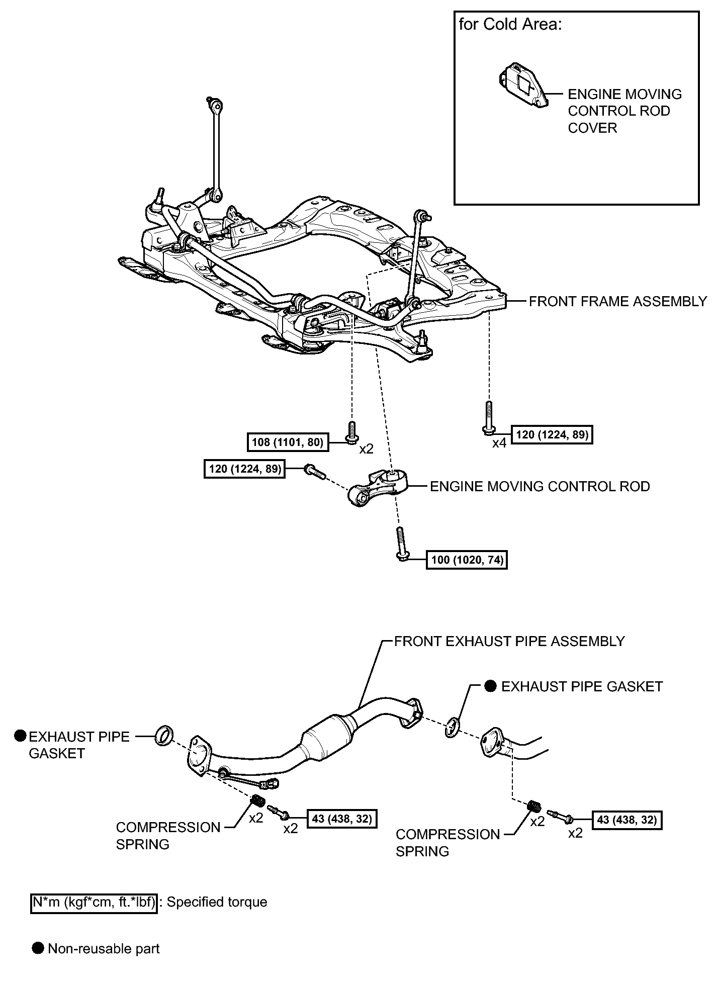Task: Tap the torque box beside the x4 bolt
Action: (x=552, y=434)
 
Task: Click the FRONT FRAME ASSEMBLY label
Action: (x=618, y=301)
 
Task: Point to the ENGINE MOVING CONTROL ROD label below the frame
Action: (x=540, y=486)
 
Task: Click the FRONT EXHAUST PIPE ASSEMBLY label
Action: (x=509, y=641)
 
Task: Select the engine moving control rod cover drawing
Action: (x=523, y=85)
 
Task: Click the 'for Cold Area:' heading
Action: (x=510, y=25)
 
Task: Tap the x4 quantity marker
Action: (x=499, y=443)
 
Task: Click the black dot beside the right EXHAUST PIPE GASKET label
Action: (x=491, y=686)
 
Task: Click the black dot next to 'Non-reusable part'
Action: (x=38, y=949)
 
